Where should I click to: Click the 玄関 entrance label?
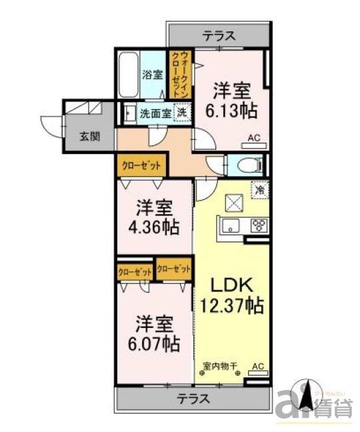[90, 137]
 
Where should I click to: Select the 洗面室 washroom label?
[155, 113]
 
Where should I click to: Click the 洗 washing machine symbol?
[181, 113]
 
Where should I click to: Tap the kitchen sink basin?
[232, 225]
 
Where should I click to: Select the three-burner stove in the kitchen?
[259, 225]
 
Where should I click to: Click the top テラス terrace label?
[218, 37]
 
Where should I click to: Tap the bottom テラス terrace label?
[193, 400]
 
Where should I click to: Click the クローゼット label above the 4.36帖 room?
[142, 165]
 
